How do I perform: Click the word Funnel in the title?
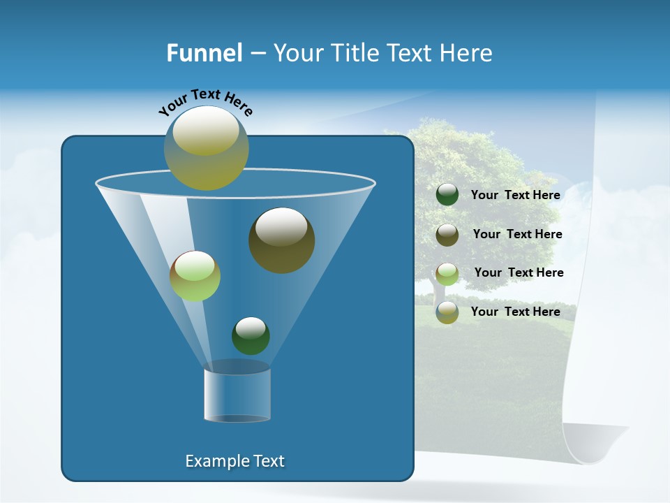(204, 53)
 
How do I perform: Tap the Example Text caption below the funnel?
(234, 461)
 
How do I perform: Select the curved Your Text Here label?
(205, 102)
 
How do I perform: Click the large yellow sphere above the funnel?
(206, 147)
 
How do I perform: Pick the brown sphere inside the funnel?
(281, 240)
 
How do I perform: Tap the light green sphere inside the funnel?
(195, 275)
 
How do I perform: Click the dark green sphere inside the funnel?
(251, 335)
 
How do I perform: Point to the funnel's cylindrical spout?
(237, 395)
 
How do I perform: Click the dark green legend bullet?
(447, 195)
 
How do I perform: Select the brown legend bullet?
(447, 235)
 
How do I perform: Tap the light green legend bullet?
(447, 273)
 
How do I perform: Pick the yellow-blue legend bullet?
(447, 312)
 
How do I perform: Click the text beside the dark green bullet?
(515, 195)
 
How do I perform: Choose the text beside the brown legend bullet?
(517, 234)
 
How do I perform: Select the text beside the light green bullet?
(519, 272)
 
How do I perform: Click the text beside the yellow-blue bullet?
(515, 312)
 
